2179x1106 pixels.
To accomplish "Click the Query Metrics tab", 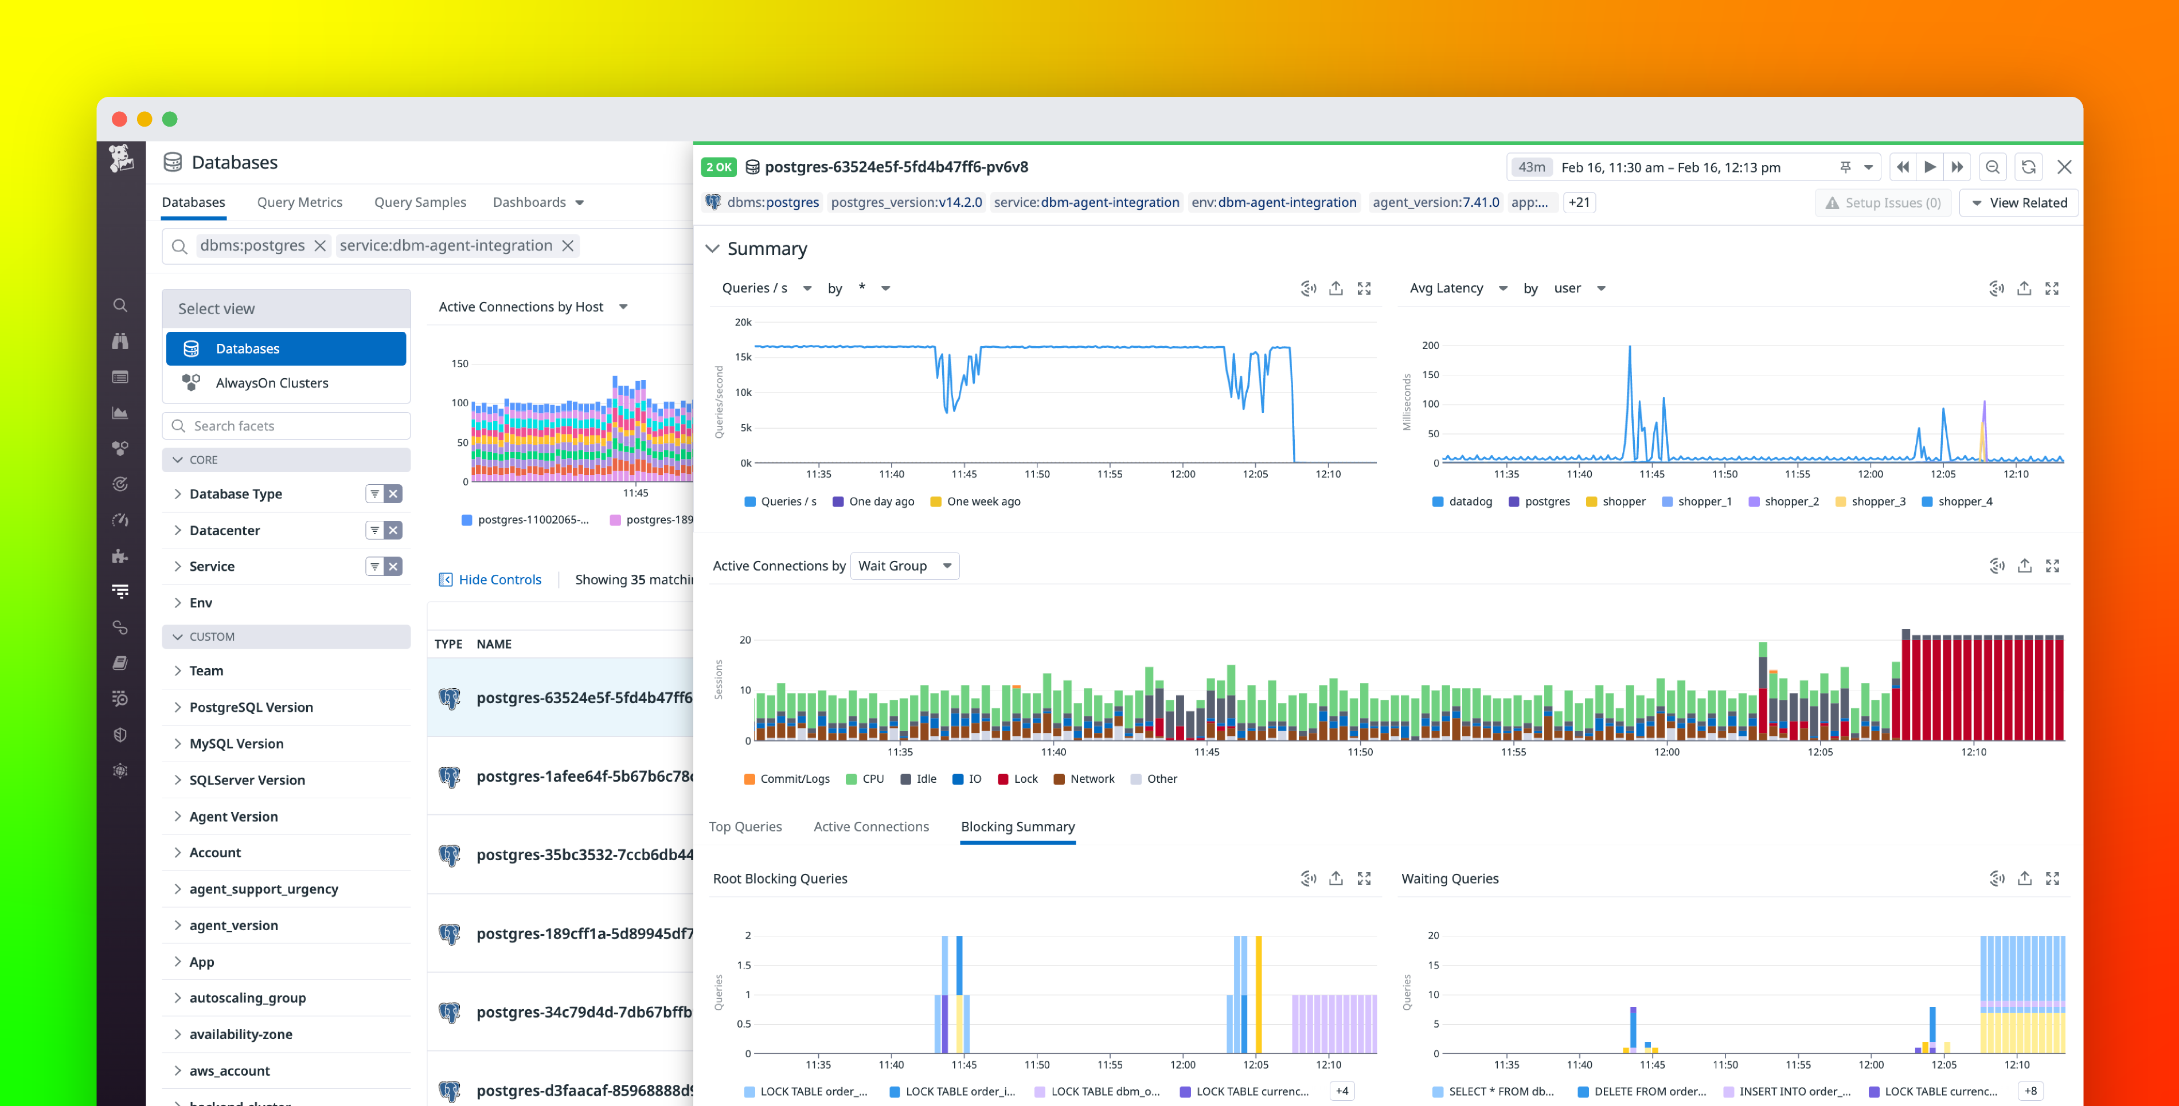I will [299, 202].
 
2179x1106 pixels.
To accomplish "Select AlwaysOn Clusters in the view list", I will [272, 383].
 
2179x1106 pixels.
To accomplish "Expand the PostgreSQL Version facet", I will [251, 707].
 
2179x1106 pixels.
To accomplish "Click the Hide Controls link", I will [499, 579].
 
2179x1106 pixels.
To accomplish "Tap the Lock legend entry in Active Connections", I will [1024, 779].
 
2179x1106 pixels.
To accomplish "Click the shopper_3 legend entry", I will [1877, 501].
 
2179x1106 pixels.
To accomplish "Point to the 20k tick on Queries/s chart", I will [743, 322].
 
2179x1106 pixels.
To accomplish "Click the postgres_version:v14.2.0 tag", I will [906, 202].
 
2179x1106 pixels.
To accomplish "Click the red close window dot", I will [119, 119].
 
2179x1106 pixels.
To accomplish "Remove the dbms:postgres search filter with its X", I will [321, 246].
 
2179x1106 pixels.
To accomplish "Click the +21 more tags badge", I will [1579, 202].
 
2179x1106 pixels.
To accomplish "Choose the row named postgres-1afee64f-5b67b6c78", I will [584, 776].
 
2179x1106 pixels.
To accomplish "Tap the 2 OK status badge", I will [718, 167].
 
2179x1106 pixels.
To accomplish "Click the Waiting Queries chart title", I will [1449, 878].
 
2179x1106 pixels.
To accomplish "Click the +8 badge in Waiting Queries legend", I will [2030, 1091].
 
